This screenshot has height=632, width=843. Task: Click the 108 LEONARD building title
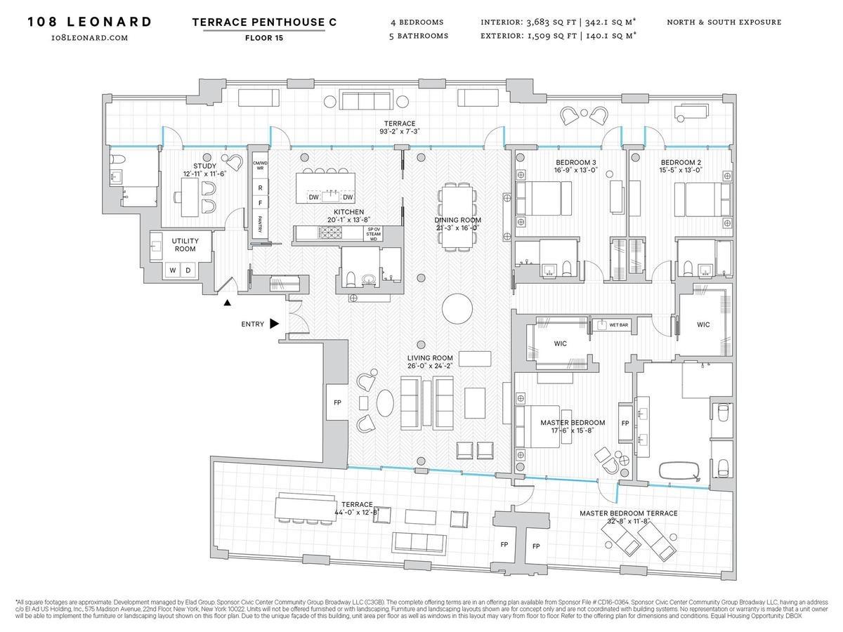89,22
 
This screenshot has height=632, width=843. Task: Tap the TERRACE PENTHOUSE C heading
264,22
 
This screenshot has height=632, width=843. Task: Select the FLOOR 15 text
264,39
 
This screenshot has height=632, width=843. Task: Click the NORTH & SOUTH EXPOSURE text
724,22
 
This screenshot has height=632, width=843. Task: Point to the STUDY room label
204,166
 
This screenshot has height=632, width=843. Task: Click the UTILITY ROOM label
185,245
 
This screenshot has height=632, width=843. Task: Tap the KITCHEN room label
348,212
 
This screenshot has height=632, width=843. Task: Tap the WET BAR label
618,325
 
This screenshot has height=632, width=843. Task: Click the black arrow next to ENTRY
274,324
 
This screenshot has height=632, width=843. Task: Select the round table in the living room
458,308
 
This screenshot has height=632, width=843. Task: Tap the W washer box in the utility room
171,270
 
